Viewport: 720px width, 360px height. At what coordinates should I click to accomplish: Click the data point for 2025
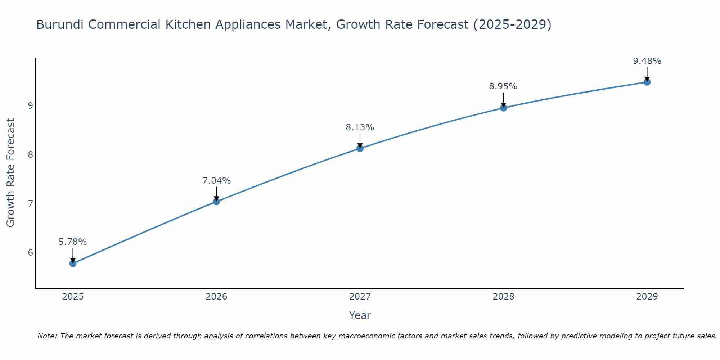(73, 263)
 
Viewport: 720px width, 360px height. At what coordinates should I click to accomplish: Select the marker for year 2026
(216, 202)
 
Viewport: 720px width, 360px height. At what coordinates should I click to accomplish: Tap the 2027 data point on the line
(360, 148)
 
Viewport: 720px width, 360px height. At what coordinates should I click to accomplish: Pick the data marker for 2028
(503, 108)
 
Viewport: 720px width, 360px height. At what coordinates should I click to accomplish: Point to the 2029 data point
(647, 82)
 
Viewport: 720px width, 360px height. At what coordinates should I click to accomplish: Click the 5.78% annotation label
(73, 242)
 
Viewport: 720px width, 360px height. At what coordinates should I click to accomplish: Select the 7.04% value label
(216, 181)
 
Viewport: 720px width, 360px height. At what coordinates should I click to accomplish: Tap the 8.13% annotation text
(360, 127)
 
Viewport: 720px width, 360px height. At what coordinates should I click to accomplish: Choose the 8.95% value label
(503, 86)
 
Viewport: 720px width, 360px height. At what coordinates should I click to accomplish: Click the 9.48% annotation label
(647, 61)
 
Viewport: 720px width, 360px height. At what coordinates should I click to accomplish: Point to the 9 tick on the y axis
(30, 105)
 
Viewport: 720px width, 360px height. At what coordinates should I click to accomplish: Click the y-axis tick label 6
(30, 252)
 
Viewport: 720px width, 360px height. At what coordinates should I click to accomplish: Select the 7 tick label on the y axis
(30, 203)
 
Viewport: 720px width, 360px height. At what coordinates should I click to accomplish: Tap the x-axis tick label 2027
(360, 297)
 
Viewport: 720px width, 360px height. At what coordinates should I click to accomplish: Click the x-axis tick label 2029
(647, 297)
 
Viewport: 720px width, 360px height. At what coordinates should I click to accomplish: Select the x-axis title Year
(360, 315)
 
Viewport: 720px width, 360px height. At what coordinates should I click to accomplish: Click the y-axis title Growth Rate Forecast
(11, 173)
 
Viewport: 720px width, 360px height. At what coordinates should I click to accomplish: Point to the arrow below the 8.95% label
(503, 100)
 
